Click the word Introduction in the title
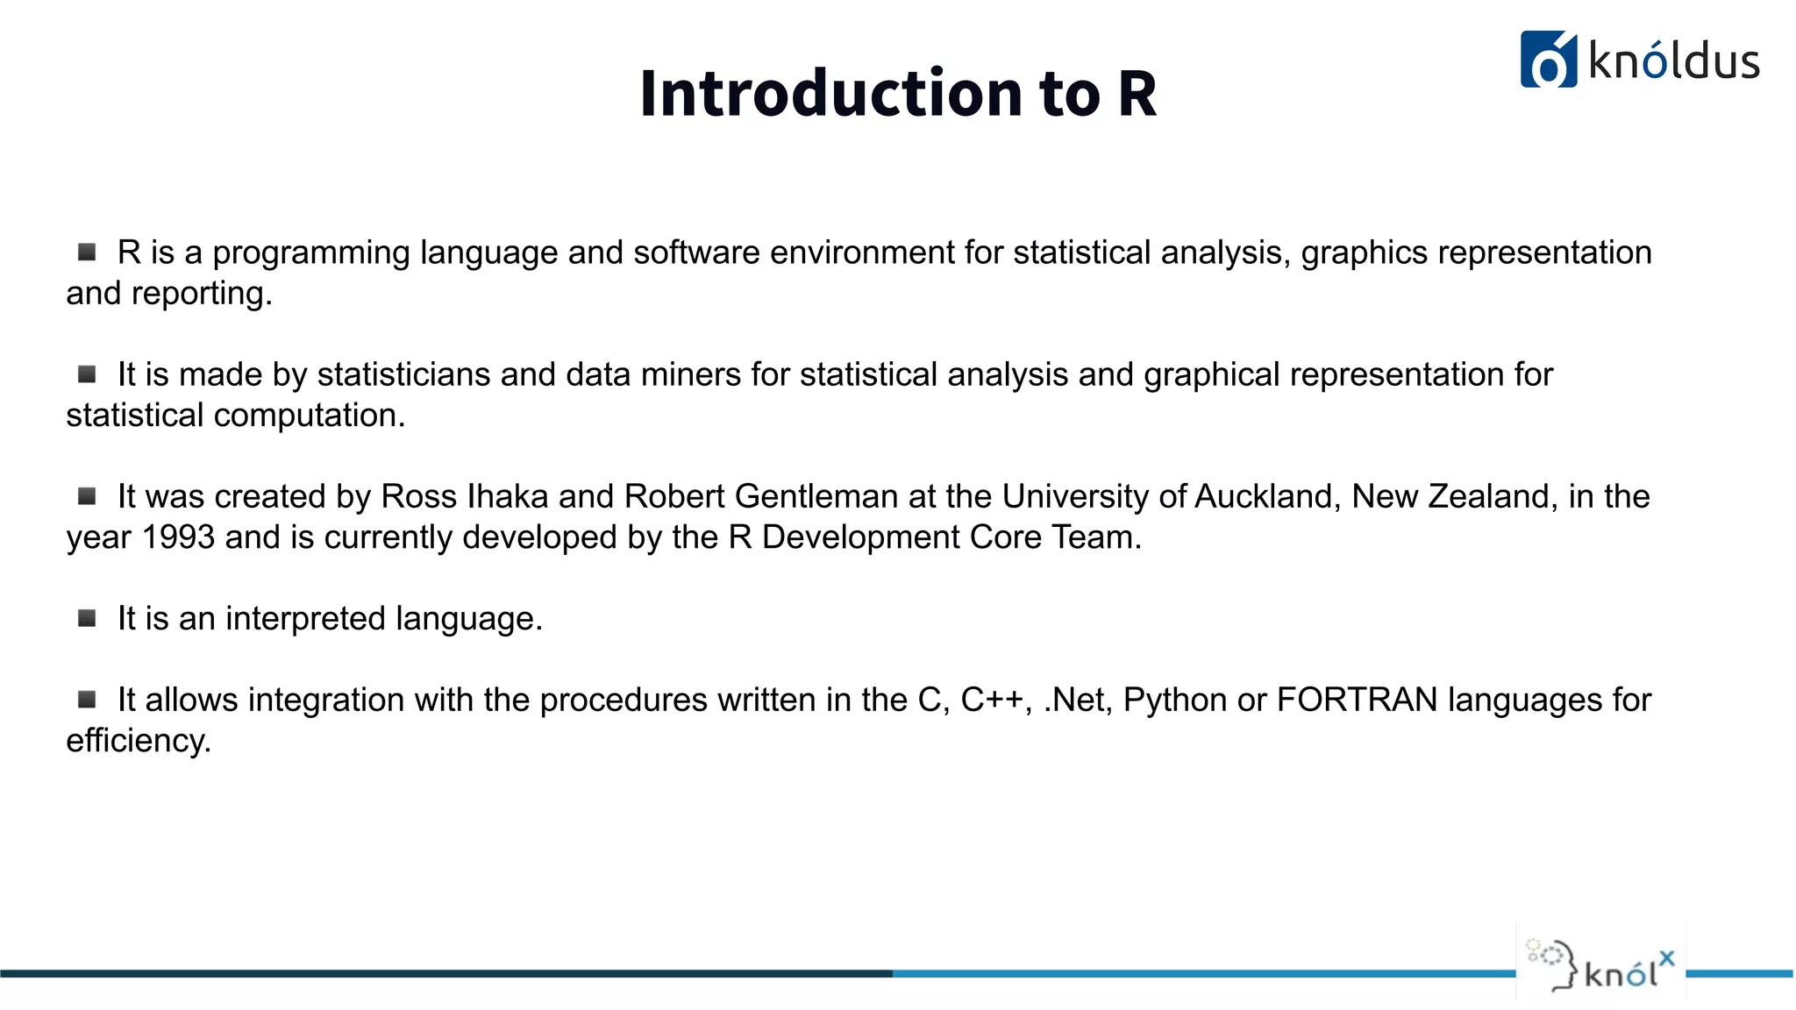pyautogui.click(x=830, y=93)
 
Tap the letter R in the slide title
pyautogui.click(x=1137, y=93)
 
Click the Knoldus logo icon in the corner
pyautogui.click(x=1548, y=60)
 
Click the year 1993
pyautogui.click(x=178, y=537)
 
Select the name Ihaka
pyautogui.click(x=508, y=497)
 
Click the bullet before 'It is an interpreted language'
pyautogui.click(x=87, y=619)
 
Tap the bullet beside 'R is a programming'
pyautogui.click(x=87, y=252)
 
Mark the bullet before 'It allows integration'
pyautogui.click(x=87, y=700)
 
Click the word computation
pyautogui.click(x=309, y=416)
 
